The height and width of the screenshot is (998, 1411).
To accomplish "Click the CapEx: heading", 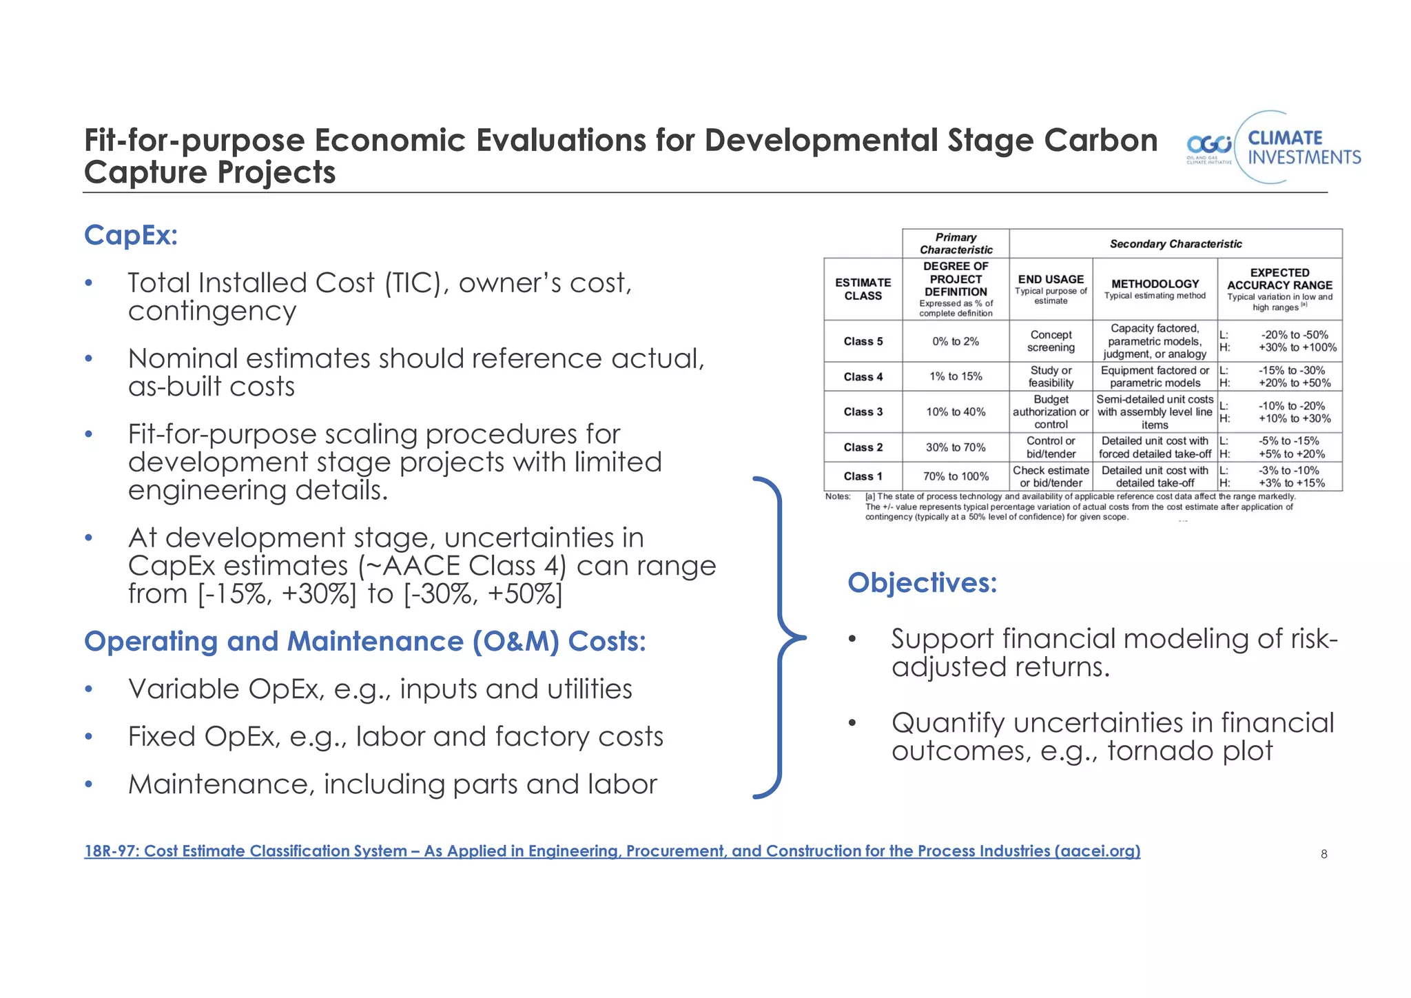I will pyautogui.click(x=131, y=236).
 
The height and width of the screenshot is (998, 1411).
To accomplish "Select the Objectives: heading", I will pyautogui.click(x=922, y=583).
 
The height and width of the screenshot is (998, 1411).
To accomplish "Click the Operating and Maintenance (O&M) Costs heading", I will pyautogui.click(x=365, y=642).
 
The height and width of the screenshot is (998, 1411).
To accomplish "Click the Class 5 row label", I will pyautogui.click(x=863, y=341).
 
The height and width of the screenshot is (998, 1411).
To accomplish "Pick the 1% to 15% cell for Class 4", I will pyautogui.click(x=956, y=376).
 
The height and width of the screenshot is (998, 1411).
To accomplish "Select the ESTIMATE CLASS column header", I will pyautogui.click(x=863, y=289).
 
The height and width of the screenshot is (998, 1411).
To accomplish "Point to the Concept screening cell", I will pyautogui.click(x=1051, y=341).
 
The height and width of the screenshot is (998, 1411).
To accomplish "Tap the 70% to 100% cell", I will pyautogui.click(x=956, y=476).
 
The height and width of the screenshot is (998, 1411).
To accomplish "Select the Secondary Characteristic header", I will pyautogui.click(x=1175, y=244).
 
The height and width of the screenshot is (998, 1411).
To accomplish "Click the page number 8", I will pyautogui.click(x=1324, y=855).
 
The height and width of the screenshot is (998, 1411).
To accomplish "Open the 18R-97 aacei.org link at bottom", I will pyautogui.click(x=612, y=851).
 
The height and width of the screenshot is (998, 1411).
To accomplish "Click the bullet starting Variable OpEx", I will pyautogui.click(x=380, y=689).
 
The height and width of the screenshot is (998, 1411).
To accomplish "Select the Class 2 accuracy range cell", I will pyautogui.click(x=1279, y=447).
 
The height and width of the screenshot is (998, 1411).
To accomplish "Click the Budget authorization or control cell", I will pyautogui.click(x=1051, y=412).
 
